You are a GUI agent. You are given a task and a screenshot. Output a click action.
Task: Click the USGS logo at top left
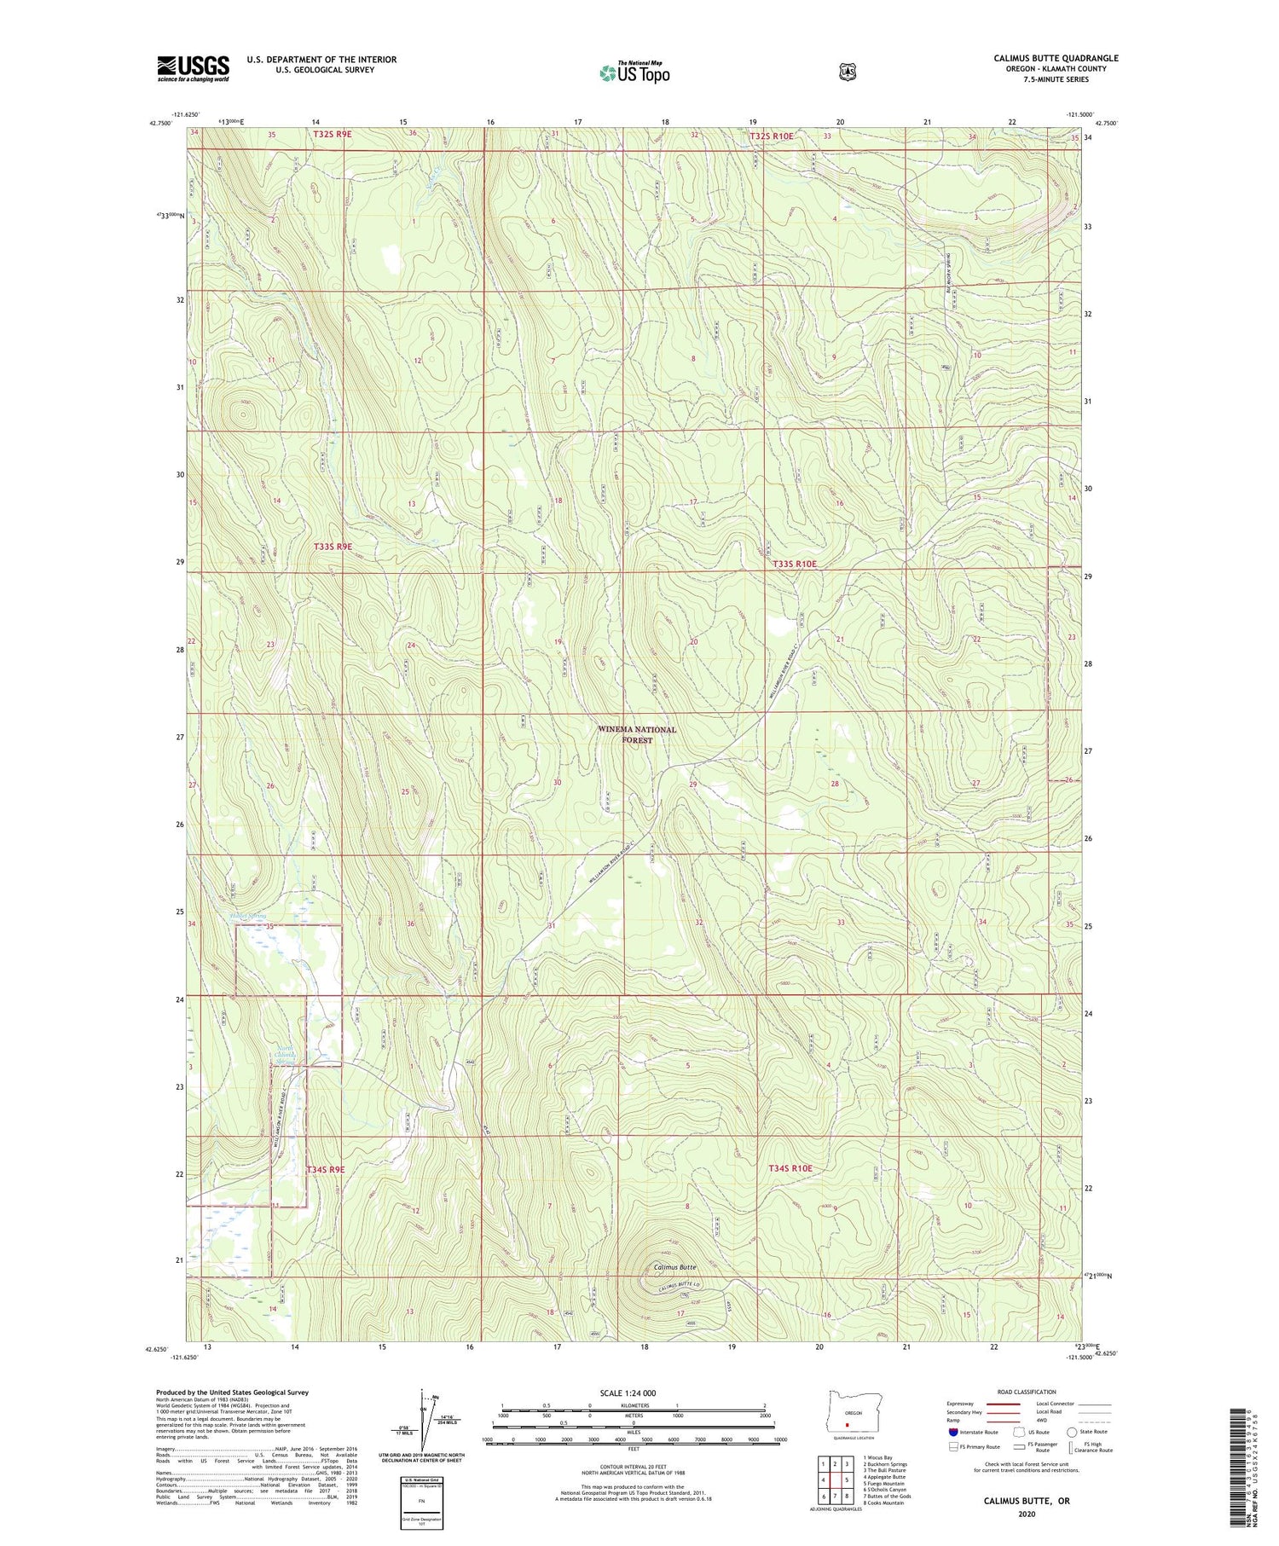[193, 68]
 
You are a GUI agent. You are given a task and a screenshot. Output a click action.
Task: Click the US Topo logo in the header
[634, 72]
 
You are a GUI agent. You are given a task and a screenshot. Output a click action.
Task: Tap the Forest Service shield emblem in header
[847, 72]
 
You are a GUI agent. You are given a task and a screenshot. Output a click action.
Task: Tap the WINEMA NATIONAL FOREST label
[637, 734]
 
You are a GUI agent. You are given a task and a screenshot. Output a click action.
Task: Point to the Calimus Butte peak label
[675, 1267]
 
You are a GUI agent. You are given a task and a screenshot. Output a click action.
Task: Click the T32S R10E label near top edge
[771, 136]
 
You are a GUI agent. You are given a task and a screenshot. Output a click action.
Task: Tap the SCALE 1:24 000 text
[634, 1393]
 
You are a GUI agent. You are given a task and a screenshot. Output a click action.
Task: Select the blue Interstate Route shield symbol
[953, 1432]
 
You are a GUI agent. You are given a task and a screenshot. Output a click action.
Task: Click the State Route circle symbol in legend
[1072, 1432]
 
